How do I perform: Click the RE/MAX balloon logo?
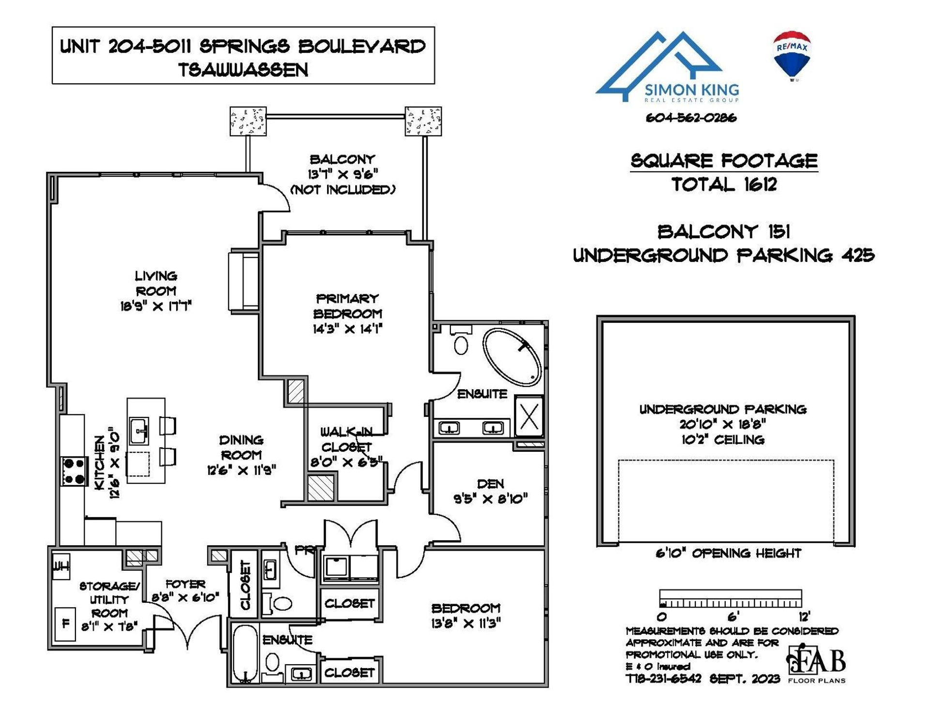(792, 55)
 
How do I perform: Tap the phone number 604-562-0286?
(691, 118)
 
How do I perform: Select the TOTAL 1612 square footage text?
(724, 184)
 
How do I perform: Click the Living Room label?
(156, 283)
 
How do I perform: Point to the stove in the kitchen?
(74, 471)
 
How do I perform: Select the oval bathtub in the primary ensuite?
(512, 357)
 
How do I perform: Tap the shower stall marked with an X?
(529, 416)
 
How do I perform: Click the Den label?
(490, 484)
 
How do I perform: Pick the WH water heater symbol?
(61, 565)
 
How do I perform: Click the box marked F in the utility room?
(65, 624)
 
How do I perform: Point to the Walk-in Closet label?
(346, 439)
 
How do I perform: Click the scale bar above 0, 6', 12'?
(730, 598)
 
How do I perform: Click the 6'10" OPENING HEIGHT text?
(728, 553)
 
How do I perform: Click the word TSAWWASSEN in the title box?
(243, 70)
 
